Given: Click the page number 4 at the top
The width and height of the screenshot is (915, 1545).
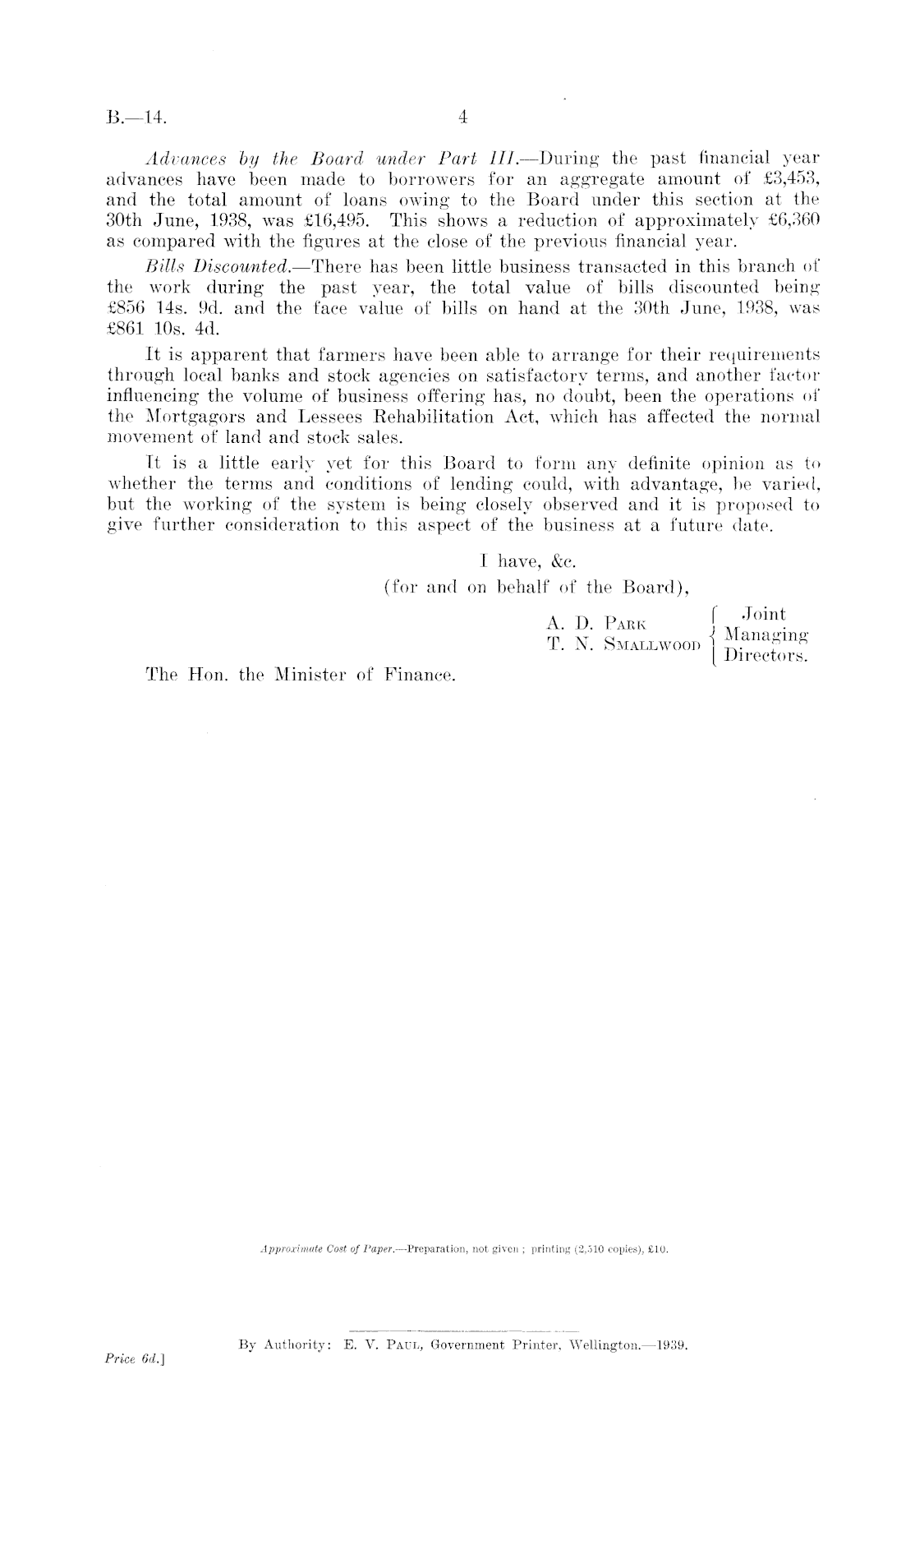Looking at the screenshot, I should (x=462, y=118).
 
